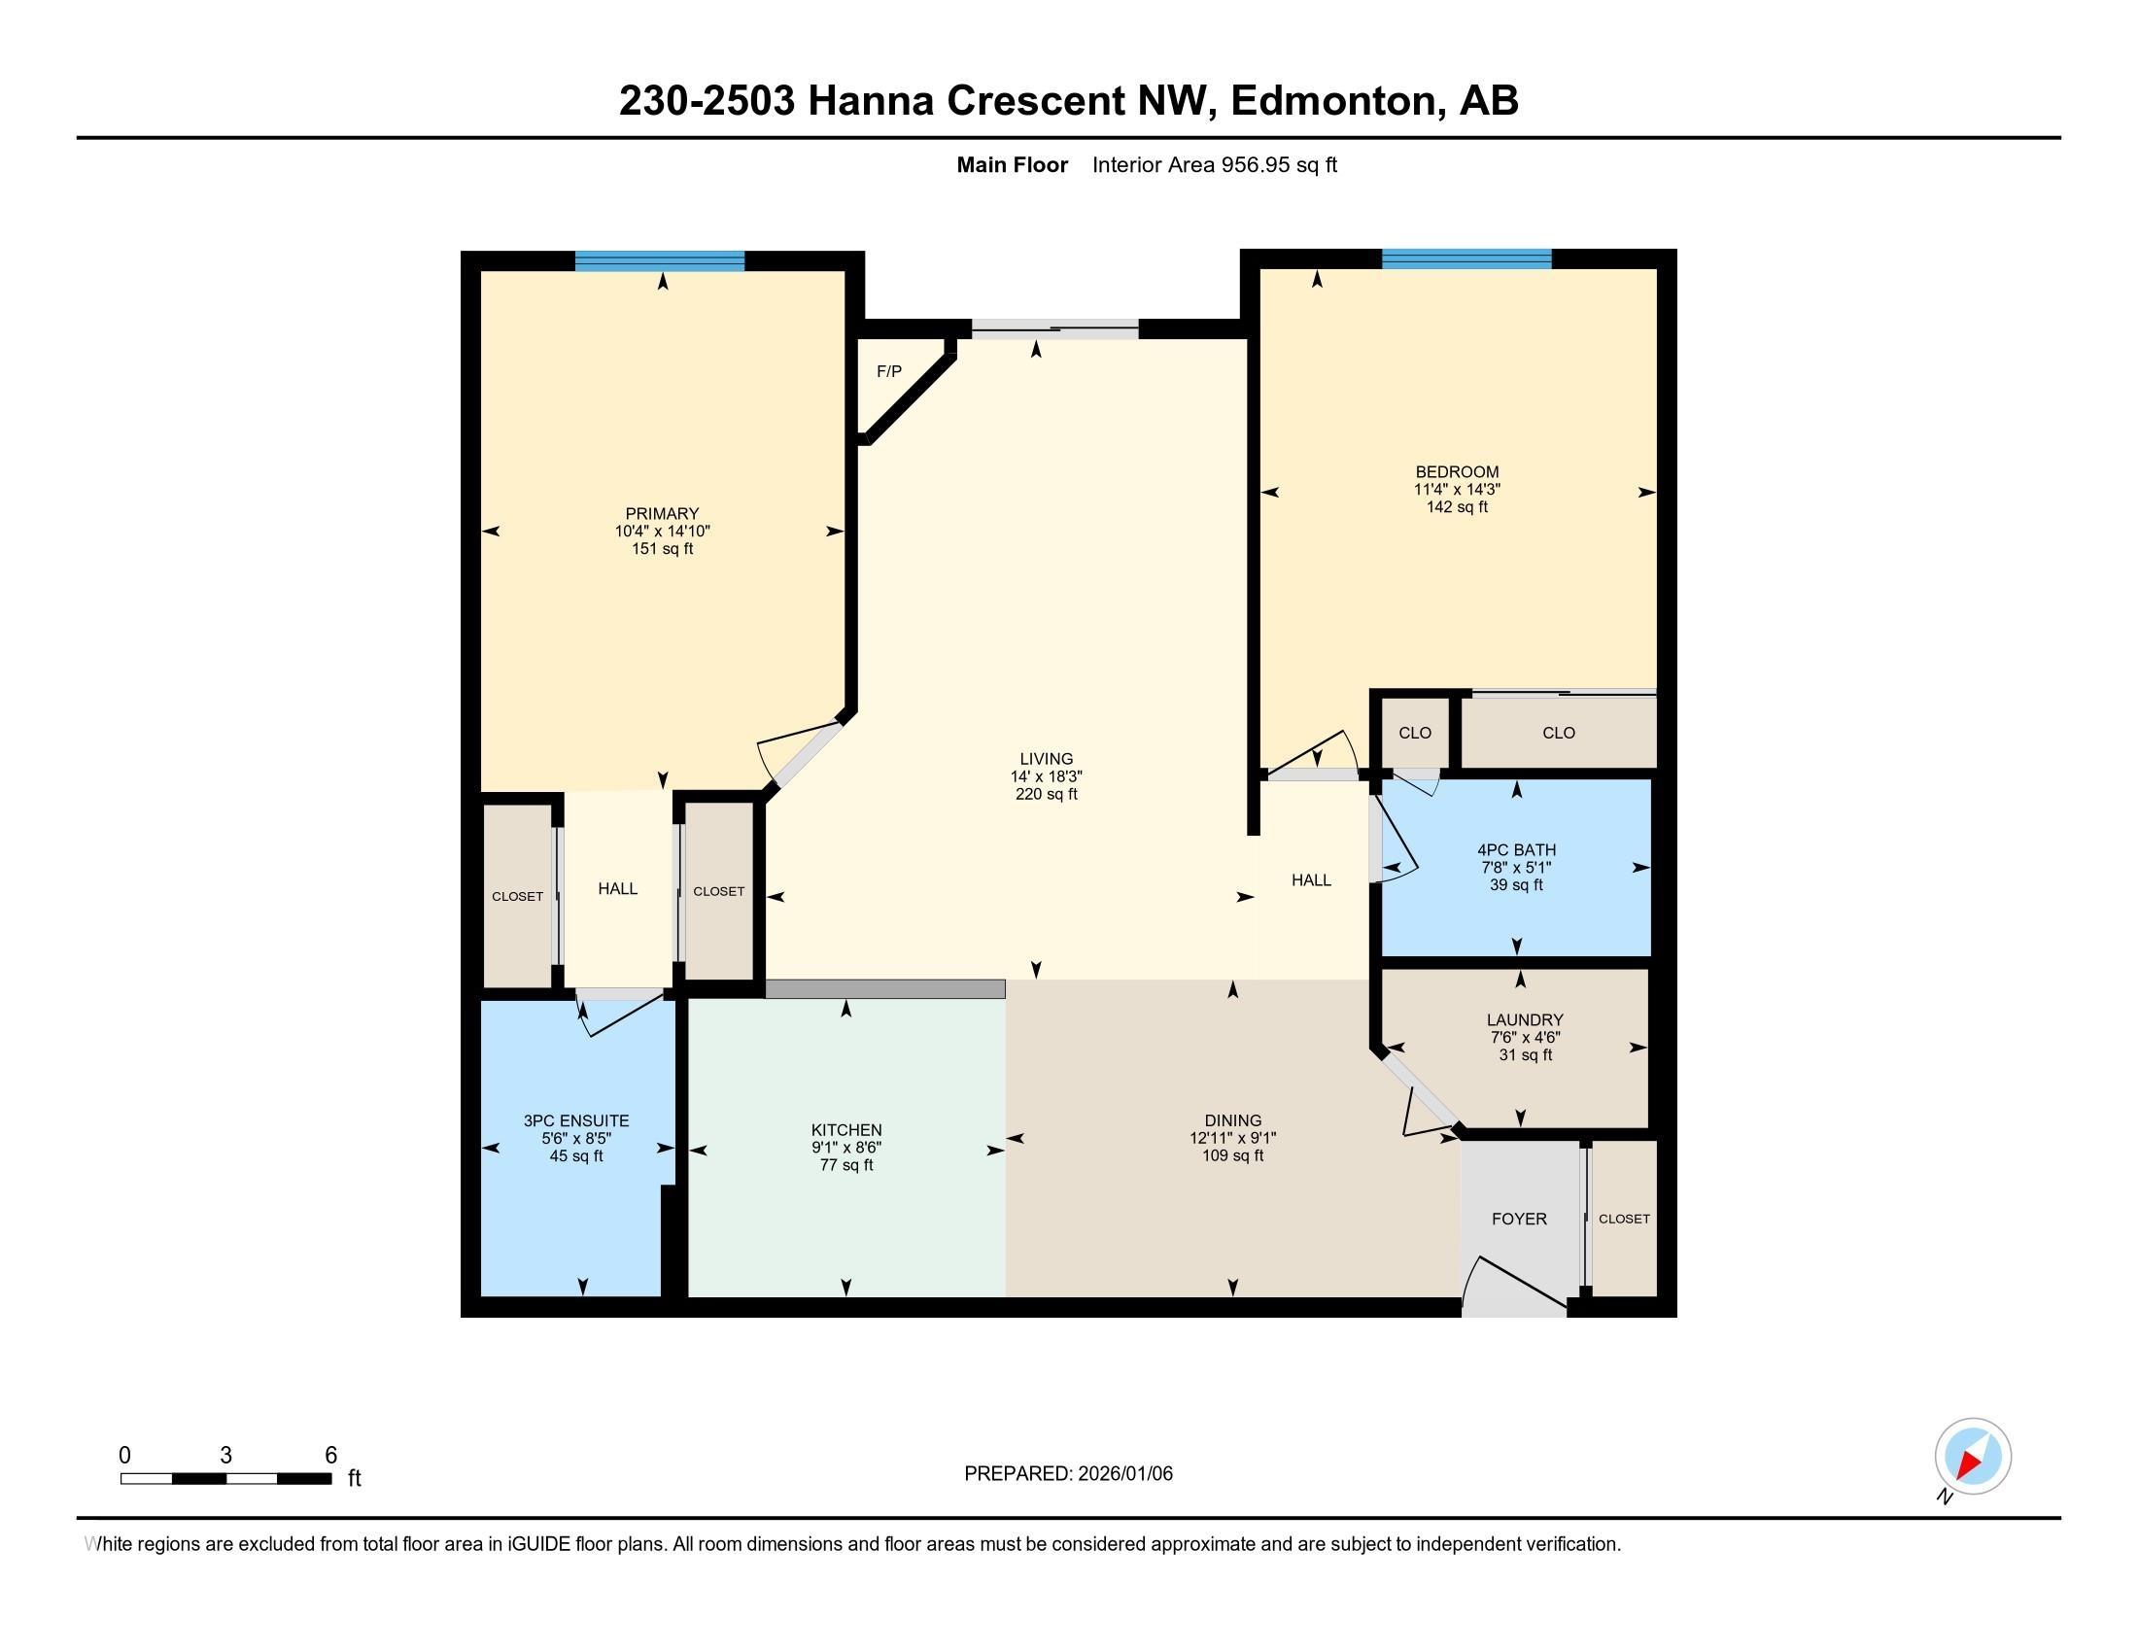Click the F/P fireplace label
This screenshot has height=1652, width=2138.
point(888,372)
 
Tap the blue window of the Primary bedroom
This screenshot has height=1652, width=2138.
point(659,260)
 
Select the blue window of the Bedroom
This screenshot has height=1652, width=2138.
point(1466,259)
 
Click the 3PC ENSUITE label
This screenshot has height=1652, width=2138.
point(575,1120)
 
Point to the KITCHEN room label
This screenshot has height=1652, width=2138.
point(845,1129)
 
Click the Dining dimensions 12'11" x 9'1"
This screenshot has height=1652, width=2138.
point(1232,1138)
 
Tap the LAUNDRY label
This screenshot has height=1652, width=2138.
point(1524,1019)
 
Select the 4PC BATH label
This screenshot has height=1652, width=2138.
point(1516,849)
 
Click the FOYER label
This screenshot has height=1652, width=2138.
point(1518,1219)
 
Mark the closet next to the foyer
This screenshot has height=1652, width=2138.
point(1623,1219)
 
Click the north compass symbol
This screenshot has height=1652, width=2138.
point(1972,1457)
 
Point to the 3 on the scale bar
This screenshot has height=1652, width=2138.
point(226,1456)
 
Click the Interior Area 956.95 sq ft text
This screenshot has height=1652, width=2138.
point(1214,164)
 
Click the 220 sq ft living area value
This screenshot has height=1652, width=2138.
point(1046,794)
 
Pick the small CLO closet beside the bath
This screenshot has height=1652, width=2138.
point(1415,733)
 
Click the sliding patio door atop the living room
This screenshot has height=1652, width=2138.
point(1054,329)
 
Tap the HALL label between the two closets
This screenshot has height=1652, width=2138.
point(618,888)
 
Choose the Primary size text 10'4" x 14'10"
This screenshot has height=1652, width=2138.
point(662,532)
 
